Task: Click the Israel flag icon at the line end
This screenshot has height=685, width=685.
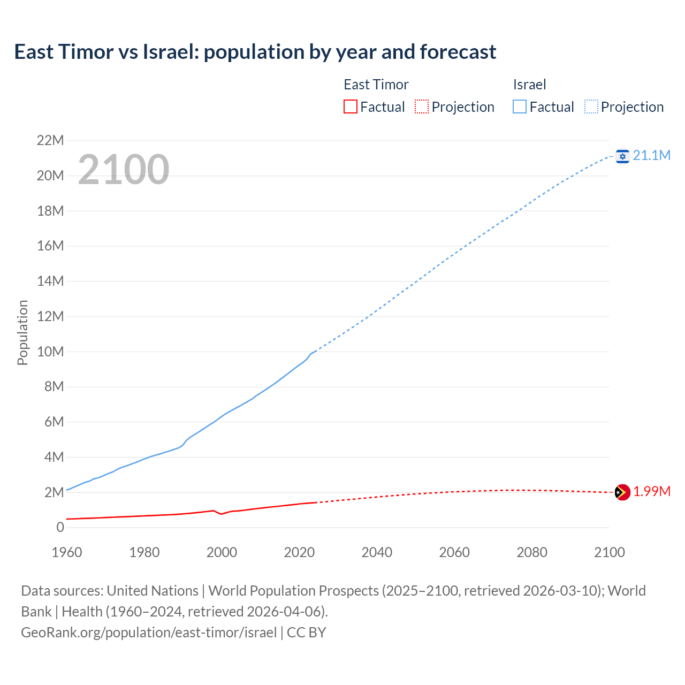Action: click(622, 156)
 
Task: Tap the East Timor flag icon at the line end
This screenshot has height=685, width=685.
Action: click(622, 492)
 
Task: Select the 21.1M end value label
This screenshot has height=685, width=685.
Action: click(652, 155)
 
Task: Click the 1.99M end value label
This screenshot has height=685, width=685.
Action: click(652, 491)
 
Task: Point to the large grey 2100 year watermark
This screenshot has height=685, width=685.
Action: click(124, 170)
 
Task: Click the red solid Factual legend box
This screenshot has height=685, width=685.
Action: click(350, 106)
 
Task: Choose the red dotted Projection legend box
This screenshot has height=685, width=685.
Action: click(422, 106)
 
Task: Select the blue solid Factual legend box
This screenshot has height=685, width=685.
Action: click(519, 106)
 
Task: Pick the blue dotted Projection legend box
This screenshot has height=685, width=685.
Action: click(591, 106)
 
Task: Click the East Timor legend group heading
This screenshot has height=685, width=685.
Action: click(376, 85)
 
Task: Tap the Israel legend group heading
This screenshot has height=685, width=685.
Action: click(529, 85)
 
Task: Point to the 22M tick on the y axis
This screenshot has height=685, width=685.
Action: click(50, 140)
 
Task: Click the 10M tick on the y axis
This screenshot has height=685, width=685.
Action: click(50, 352)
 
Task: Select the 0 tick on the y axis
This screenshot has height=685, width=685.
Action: click(60, 527)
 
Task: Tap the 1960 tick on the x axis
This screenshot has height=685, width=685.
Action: click(67, 552)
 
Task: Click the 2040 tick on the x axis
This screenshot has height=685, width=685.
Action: click(377, 552)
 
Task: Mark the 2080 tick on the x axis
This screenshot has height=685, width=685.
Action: click(532, 552)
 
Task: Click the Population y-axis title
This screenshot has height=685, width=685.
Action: click(22, 332)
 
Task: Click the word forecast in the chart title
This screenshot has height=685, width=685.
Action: click(458, 52)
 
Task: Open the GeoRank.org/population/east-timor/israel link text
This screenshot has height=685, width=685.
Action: click(149, 632)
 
